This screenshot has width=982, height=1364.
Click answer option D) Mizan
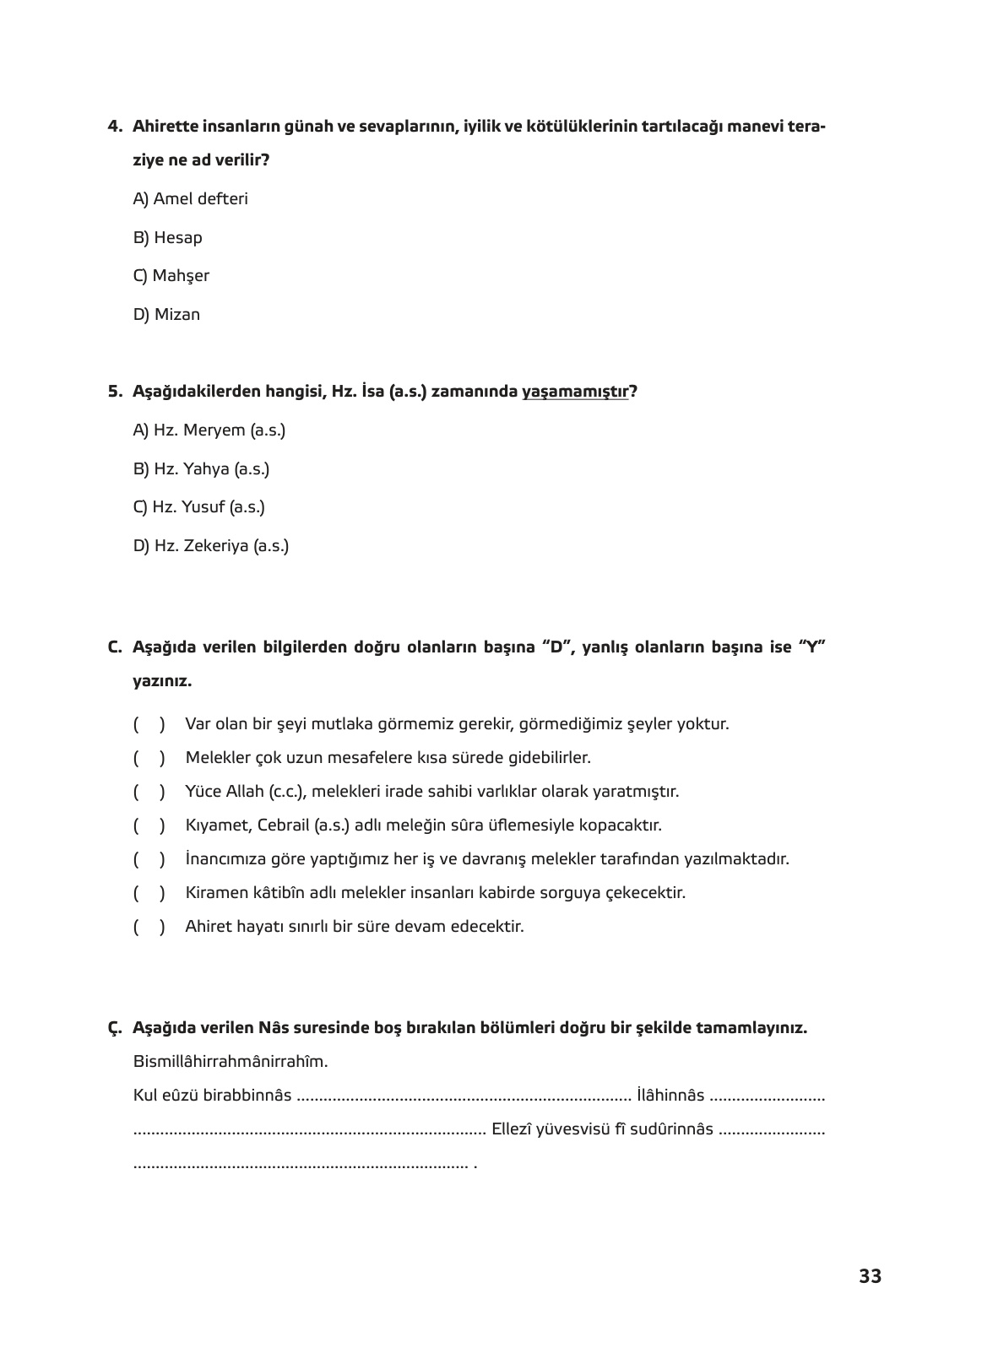(x=166, y=315)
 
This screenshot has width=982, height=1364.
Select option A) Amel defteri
(x=190, y=199)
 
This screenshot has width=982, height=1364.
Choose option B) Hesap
(x=167, y=238)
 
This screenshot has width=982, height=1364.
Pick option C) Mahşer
(x=171, y=276)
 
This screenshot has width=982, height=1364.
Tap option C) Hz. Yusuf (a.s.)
(x=198, y=507)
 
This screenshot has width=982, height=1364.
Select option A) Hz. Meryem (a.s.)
(x=209, y=430)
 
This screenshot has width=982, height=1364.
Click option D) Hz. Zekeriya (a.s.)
(x=210, y=546)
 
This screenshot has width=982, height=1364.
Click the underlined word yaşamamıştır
(x=576, y=392)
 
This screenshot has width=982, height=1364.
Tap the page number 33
(x=870, y=1276)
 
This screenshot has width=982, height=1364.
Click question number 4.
(x=115, y=127)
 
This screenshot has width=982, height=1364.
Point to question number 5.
(x=115, y=392)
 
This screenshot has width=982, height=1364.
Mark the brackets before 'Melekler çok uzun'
(x=149, y=758)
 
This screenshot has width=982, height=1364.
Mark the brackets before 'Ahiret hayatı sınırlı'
(x=149, y=927)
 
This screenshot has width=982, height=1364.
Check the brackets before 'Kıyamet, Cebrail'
(x=149, y=825)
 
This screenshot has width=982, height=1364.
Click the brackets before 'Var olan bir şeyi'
(x=149, y=724)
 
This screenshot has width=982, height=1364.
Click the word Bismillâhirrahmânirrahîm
(x=230, y=1061)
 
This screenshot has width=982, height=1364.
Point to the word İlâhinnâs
(x=670, y=1096)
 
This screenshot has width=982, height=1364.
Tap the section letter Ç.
(x=115, y=1028)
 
